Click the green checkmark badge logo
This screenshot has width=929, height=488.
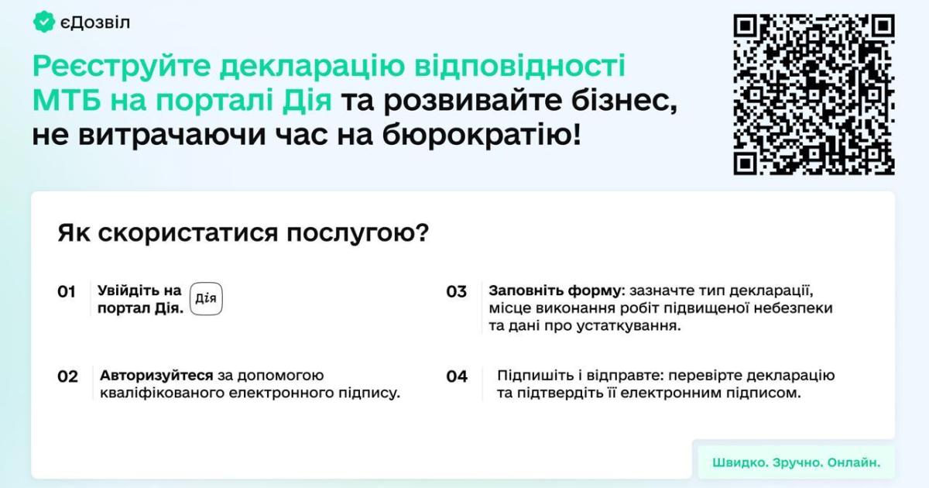(43, 22)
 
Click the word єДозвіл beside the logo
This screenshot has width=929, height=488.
(95, 22)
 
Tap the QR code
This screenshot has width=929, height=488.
(814, 95)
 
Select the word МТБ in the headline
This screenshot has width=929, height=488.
(67, 100)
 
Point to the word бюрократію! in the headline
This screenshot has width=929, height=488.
(481, 135)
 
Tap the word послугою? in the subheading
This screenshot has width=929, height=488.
(358, 234)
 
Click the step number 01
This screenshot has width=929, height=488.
(67, 292)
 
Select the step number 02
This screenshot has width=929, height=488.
(67, 376)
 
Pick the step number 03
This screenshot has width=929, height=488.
(457, 292)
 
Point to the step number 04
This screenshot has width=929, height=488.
(457, 376)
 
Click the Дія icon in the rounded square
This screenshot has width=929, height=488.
(206, 299)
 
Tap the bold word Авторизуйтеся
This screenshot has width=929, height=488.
(156, 376)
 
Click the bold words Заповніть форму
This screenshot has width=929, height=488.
(556, 291)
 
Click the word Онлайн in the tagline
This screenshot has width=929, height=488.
(853, 462)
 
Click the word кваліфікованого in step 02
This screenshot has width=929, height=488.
(162, 393)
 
